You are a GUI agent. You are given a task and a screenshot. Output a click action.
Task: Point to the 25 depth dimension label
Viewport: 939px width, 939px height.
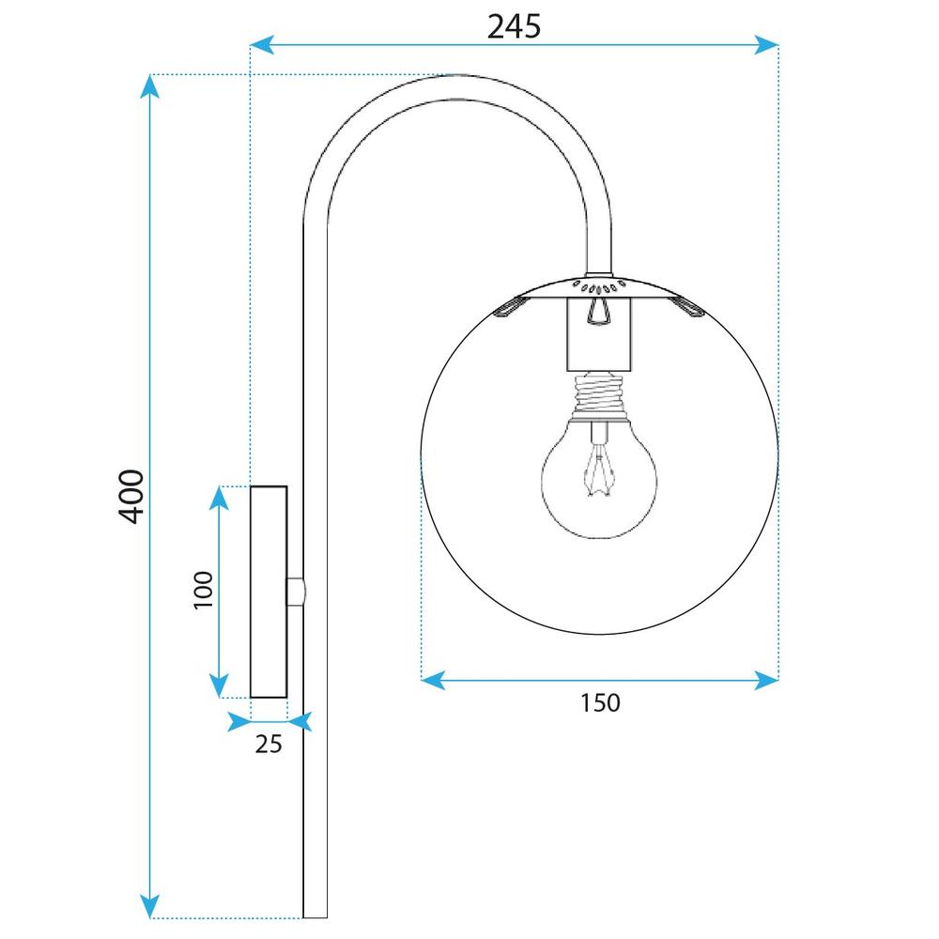click(269, 744)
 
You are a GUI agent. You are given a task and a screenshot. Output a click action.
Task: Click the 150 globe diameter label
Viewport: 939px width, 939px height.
click(600, 701)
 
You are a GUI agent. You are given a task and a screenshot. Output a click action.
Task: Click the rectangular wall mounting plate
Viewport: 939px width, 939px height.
click(269, 592)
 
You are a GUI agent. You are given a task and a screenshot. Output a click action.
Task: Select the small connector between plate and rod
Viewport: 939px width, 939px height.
click(296, 592)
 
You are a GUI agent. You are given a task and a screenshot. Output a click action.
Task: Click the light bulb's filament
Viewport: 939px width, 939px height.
click(597, 469)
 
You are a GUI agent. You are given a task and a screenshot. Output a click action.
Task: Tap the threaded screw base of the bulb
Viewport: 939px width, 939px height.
click(598, 393)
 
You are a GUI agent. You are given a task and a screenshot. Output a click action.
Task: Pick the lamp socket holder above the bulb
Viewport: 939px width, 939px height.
click(598, 333)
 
